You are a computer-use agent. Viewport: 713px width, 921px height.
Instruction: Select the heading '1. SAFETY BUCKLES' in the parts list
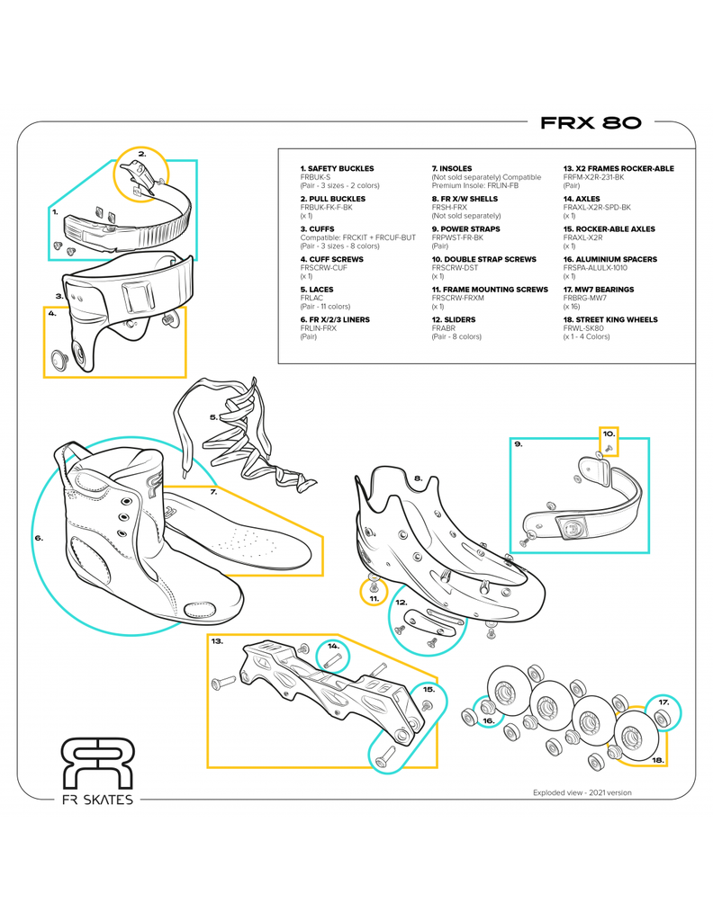point(337,168)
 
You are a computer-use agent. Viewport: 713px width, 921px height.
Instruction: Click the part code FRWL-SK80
point(586,328)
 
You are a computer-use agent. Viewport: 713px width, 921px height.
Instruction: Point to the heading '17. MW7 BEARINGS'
point(598,290)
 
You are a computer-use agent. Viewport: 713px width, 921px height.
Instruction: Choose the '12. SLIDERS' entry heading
point(453,319)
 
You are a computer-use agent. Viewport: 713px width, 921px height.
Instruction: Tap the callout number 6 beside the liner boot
point(39,538)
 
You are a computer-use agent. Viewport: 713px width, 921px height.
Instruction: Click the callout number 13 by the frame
point(217,641)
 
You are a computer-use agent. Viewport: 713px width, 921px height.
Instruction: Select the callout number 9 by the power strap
point(518,443)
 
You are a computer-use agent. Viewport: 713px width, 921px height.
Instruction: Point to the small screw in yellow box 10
point(609,447)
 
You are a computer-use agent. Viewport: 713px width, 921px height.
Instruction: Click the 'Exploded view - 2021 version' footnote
point(582,792)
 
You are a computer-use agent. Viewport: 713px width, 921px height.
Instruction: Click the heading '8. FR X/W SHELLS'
point(465,199)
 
